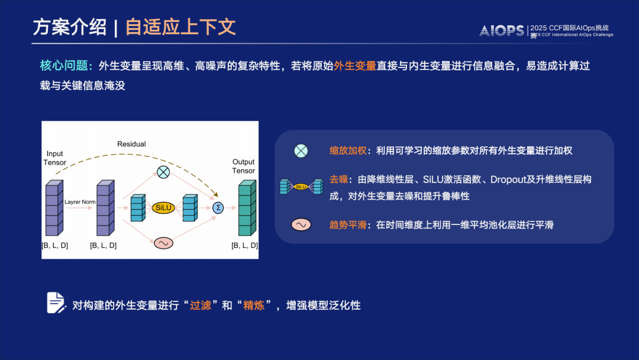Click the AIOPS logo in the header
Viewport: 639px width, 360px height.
point(502,31)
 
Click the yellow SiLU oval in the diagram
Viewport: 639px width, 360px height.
point(163,207)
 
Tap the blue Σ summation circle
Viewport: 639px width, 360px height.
point(218,207)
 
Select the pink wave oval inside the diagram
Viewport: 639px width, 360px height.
point(163,243)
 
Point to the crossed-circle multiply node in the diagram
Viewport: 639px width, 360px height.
point(163,172)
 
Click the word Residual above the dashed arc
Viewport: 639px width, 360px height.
point(131,144)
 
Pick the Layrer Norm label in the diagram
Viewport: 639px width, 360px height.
point(80,202)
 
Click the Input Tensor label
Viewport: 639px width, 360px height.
point(55,158)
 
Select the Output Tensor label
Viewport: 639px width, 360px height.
point(243,166)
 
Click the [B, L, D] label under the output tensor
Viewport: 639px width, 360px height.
point(244,245)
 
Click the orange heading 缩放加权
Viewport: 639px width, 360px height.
point(347,151)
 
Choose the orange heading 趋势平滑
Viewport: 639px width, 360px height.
point(347,225)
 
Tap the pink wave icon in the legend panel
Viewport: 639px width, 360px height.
point(301,225)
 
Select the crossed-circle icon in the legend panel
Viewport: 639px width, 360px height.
point(301,151)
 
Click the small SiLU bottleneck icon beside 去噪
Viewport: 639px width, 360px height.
point(301,187)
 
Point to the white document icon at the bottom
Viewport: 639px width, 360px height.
point(56,303)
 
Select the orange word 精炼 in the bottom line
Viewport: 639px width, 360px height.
point(253,306)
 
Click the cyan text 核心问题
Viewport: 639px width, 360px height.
point(63,66)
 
